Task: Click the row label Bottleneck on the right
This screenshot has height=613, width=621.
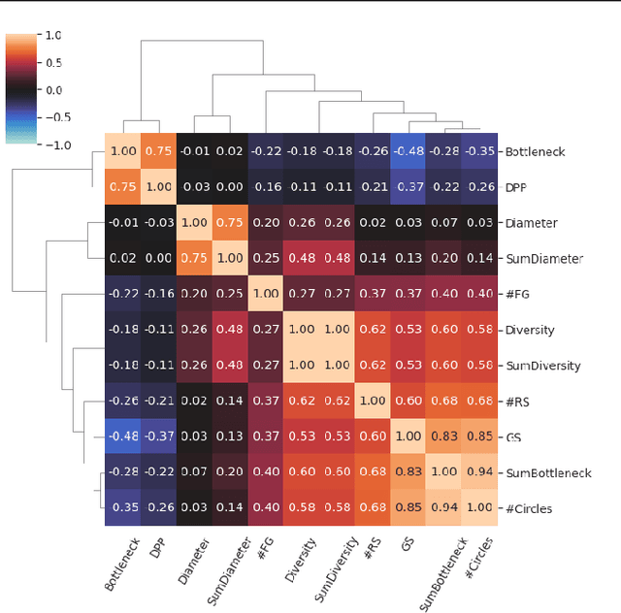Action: point(535,151)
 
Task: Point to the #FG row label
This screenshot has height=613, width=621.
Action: point(516,294)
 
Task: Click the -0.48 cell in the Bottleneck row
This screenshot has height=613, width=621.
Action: point(409,151)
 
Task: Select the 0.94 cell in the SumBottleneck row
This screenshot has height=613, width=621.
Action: point(479,472)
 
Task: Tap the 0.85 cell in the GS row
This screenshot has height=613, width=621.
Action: point(479,436)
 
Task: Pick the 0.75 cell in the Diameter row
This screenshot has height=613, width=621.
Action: point(230,223)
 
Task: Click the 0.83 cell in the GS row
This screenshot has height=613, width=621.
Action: point(444,436)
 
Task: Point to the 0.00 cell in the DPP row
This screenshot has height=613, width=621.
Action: point(230,187)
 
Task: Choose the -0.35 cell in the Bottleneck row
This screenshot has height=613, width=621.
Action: point(479,151)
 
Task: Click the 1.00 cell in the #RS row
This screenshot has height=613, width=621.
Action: point(373,401)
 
